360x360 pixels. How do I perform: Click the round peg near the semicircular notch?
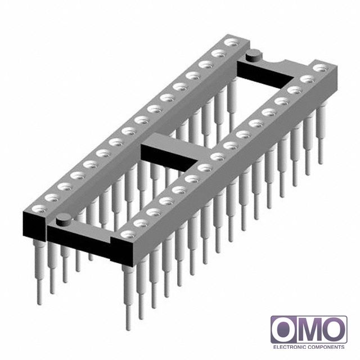coord(254,55)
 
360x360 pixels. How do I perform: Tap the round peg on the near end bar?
coord(64,220)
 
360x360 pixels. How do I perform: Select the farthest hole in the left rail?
coord(231,43)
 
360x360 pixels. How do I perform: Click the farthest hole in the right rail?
coord(321,68)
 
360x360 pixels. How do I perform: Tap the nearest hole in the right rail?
coord(128,235)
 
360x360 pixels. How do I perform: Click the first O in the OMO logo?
coord(283,330)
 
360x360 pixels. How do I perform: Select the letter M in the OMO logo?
coord(308,330)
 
